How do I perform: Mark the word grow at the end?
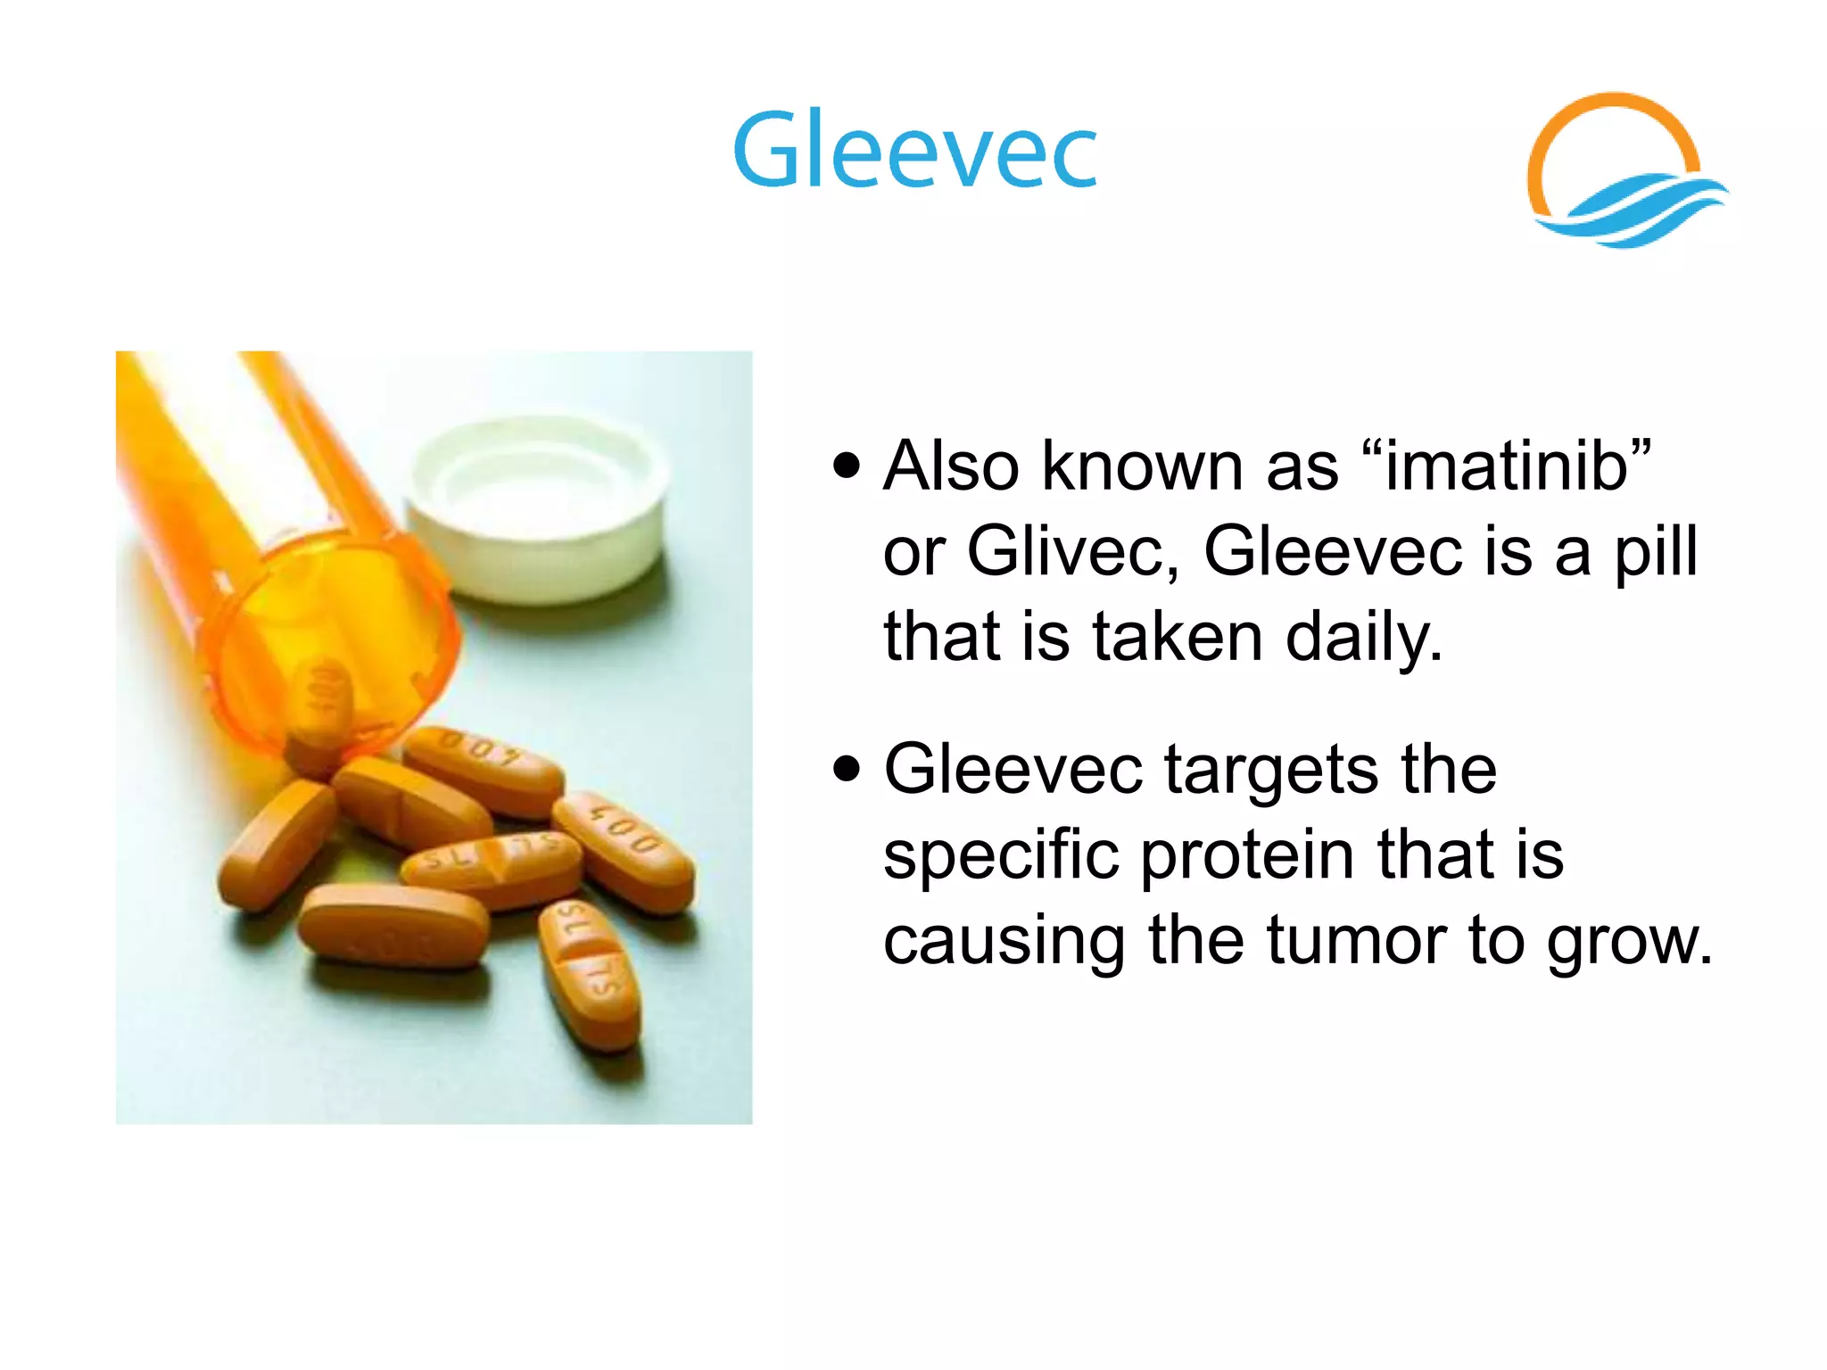tap(1629, 940)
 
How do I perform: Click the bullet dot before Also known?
tap(847, 466)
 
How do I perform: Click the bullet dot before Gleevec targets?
tap(847, 769)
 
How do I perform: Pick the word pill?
tap(1656, 551)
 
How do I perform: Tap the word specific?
tap(1000, 854)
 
